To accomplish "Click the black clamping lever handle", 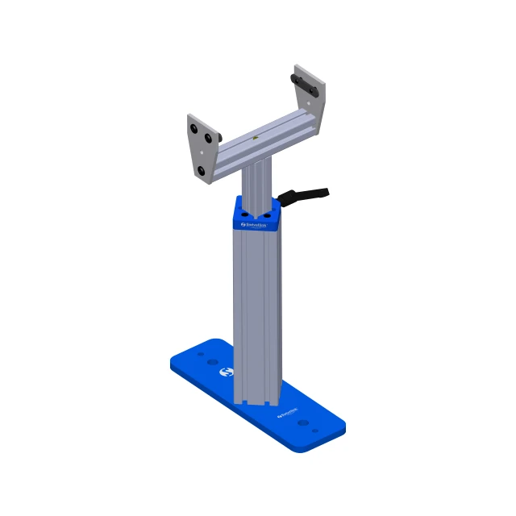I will pyautogui.click(x=306, y=194).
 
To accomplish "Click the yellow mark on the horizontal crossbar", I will pyautogui.click(x=256, y=139).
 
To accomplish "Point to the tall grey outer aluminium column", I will pyautogui.click(x=257, y=314).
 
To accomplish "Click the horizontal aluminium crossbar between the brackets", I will pyautogui.click(x=258, y=142).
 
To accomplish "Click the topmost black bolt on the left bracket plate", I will pyautogui.click(x=195, y=129).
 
